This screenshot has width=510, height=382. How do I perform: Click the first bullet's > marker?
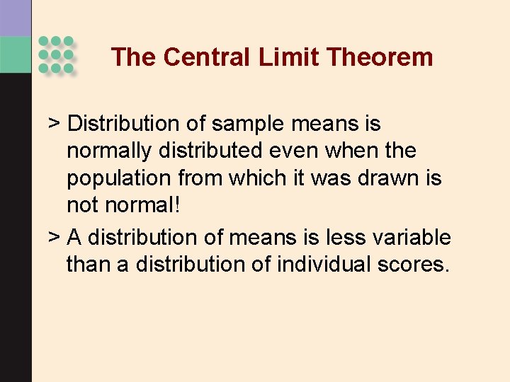[x=53, y=124]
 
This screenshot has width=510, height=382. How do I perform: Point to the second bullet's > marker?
[x=53, y=236]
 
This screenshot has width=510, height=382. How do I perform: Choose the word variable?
[x=414, y=236]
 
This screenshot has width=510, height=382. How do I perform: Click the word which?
[x=255, y=178]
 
